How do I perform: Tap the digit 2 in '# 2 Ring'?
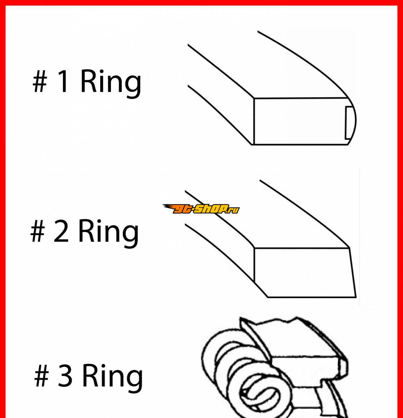tap(61, 231)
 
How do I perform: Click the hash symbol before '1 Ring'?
tap(40, 81)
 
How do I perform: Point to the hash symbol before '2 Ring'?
tap(37, 231)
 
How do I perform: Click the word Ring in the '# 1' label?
tap(111, 84)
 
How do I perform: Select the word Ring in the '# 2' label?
tap(109, 234)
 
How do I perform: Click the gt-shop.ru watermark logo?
tap(201, 209)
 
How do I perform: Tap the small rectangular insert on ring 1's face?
tap(349, 123)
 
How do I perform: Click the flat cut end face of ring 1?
tap(301, 121)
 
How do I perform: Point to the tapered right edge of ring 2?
tap(353, 272)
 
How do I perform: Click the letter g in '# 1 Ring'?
tap(133, 86)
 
